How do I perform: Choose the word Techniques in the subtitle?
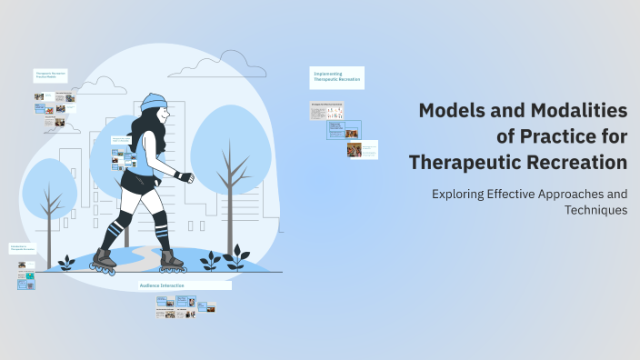pos(595,210)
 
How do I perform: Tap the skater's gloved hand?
pos(184,175)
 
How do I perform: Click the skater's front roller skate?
pos(172,264)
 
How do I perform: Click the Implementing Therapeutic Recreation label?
pos(337,76)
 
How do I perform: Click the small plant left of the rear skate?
pos(65,264)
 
